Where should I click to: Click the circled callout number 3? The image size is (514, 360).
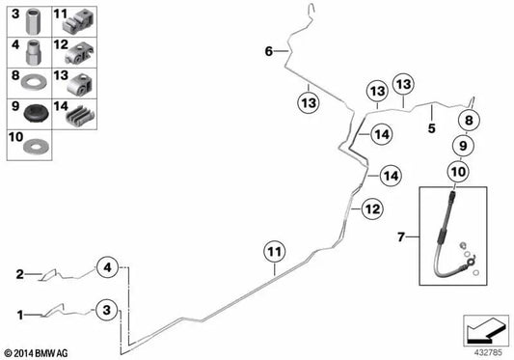[106, 310]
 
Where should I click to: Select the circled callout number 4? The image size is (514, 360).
[107, 267]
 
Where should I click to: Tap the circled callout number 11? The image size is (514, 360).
[275, 252]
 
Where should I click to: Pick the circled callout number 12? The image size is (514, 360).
[372, 208]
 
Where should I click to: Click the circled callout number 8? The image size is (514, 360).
[469, 120]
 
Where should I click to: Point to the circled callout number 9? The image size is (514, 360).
[463, 146]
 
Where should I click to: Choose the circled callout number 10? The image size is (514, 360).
[458, 172]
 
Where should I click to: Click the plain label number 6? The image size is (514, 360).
[269, 51]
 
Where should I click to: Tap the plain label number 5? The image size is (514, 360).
[432, 128]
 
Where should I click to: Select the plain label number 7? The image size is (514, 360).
[401, 236]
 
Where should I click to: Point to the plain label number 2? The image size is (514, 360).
[20, 274]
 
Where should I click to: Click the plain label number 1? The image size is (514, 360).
[20, 316]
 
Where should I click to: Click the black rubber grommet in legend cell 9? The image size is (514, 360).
[37, 113]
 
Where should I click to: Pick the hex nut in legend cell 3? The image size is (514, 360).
[33, 21]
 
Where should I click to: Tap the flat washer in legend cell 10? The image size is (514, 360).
[36, 145]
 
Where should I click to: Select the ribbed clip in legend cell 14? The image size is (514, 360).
[80, 115]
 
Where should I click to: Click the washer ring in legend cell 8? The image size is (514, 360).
[34, 82]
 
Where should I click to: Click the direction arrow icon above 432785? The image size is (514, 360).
[486, 329]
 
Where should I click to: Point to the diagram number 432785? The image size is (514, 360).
[488, 353]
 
